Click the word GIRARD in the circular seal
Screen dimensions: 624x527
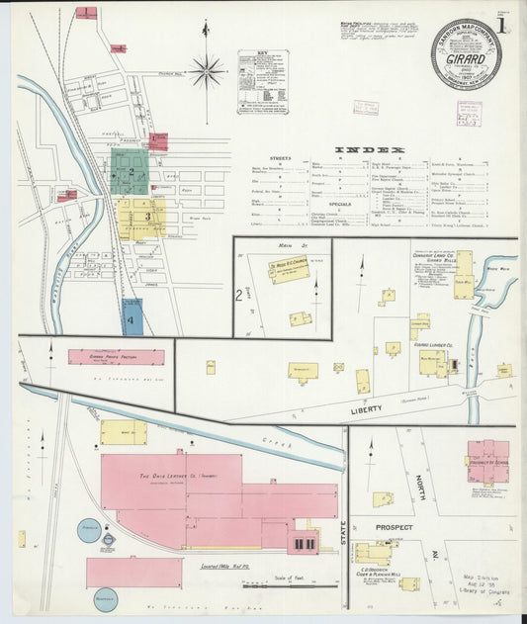coord(465,58)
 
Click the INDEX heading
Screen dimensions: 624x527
coord(370,150)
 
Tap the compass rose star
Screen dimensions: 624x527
coord(207,70)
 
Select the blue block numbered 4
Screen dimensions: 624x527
coord(132,319)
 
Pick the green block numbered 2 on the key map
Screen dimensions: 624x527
coord(130,172)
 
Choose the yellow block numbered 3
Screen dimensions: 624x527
coord(146,216)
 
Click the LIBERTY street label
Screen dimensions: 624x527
coord(365,408)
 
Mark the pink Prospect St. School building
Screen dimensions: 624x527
coord(487,461)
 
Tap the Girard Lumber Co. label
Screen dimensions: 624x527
coord(435,344)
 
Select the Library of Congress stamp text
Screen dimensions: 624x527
coord(483,590)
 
